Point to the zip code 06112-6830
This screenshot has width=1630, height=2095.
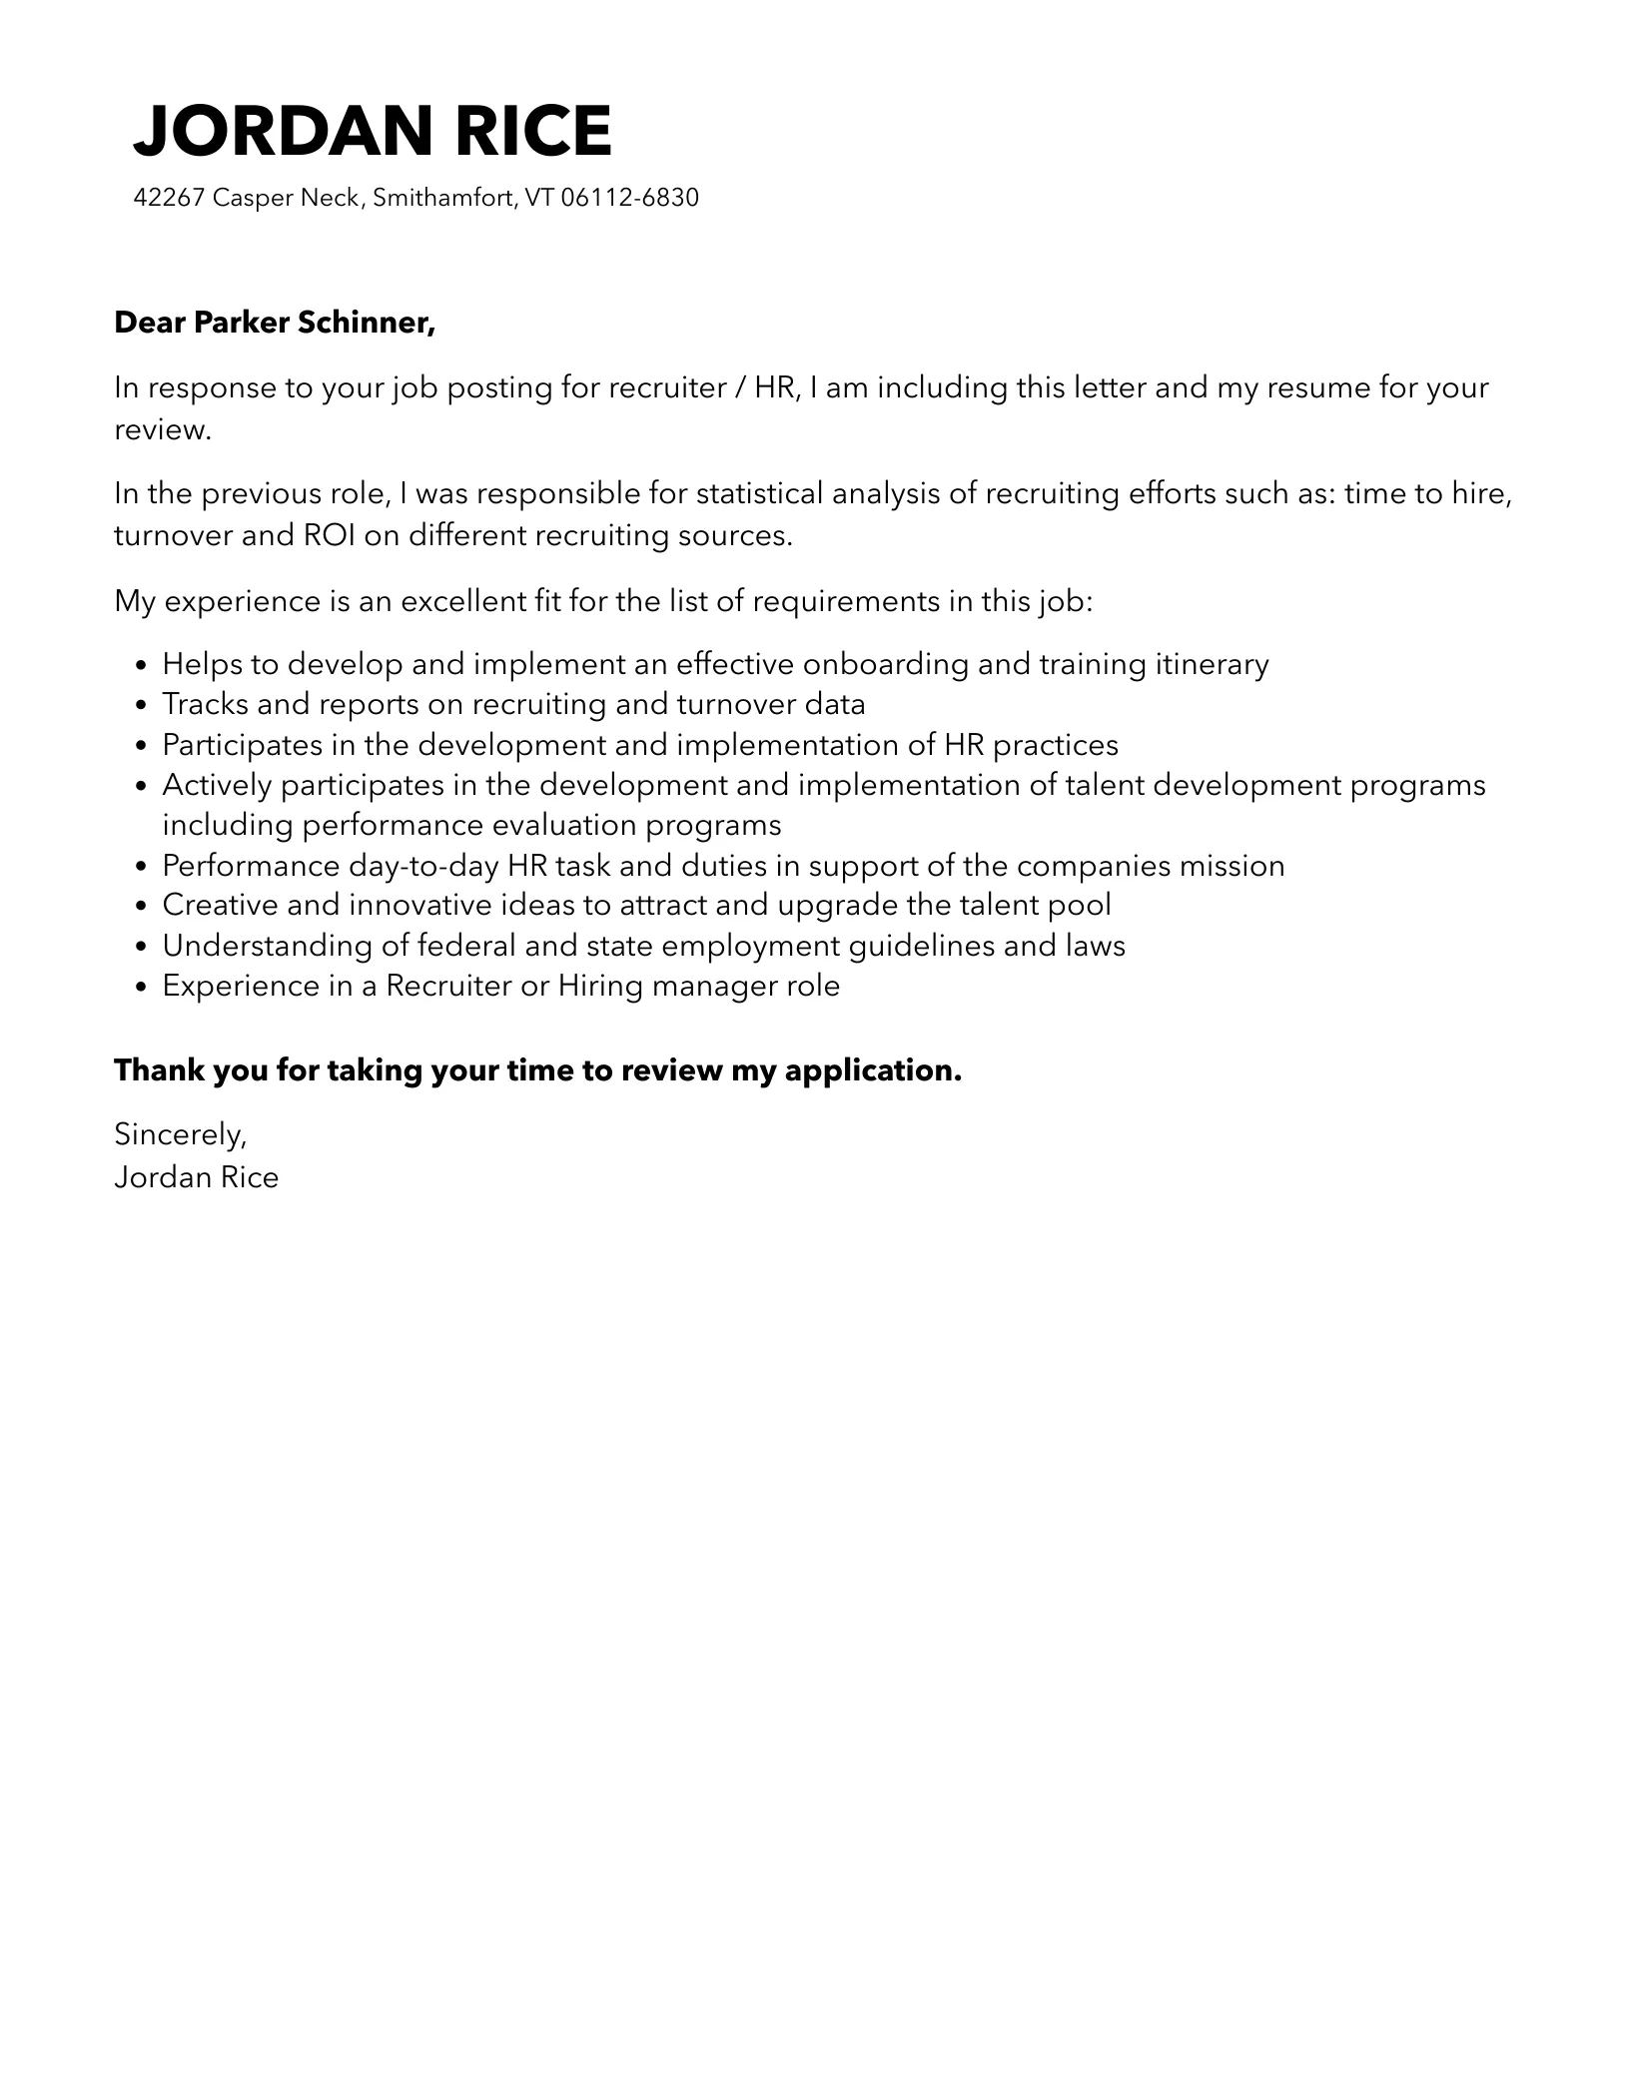click(629, 198)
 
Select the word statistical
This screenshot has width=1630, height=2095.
click(759, 493)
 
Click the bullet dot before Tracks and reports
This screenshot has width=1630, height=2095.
click(141, 706)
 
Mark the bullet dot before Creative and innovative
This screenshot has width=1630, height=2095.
click(141, 907)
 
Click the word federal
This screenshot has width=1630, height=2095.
click(465, 945)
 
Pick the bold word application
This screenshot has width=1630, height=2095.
click(872, 1069)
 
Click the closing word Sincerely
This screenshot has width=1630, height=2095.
click(180, 1134)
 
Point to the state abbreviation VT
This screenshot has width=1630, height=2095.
click(538, 198)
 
